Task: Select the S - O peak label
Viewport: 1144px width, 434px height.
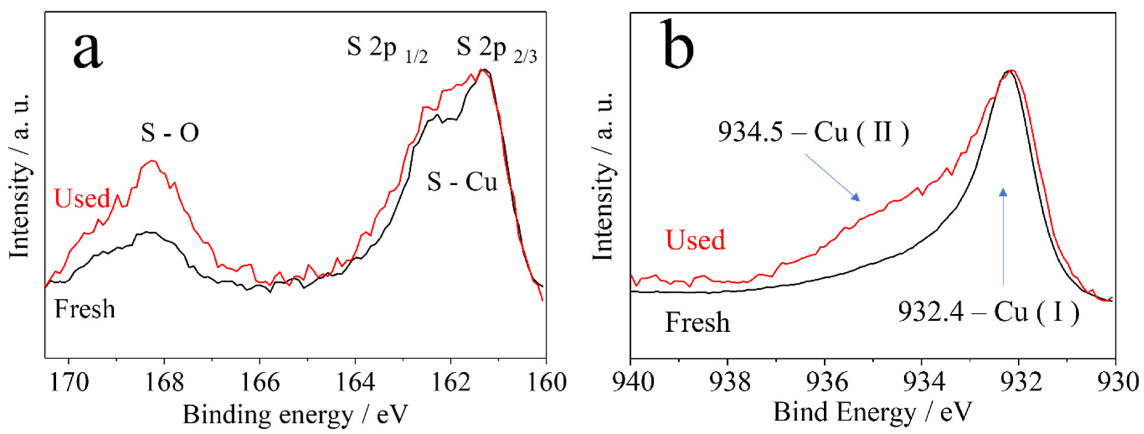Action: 170,133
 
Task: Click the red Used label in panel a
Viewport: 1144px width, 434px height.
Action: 82,199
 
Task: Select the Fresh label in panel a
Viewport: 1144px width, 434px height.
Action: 84,309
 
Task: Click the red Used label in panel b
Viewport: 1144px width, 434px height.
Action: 695,240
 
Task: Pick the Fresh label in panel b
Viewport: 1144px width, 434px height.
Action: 697,322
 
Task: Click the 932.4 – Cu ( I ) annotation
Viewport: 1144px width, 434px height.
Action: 988,312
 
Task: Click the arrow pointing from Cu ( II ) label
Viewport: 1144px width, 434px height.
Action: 833,177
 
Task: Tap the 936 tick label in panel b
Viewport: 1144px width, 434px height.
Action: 825,383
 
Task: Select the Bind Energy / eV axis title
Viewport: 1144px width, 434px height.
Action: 873,412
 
